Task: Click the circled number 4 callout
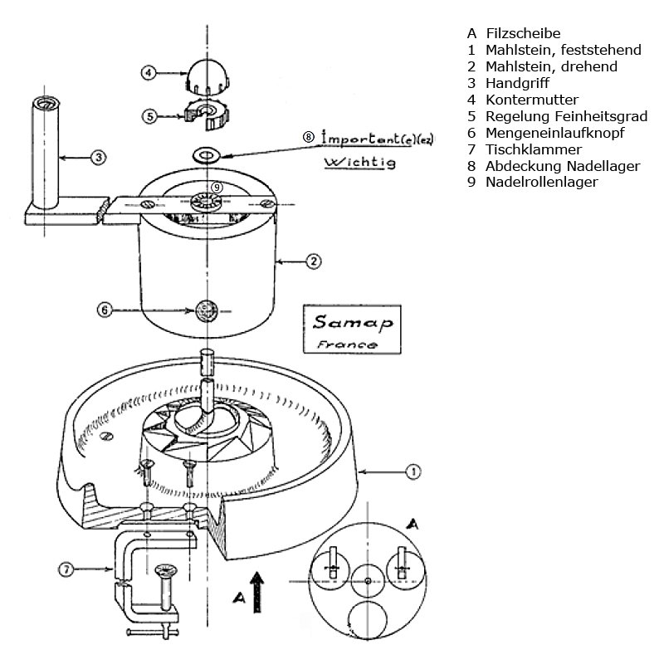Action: pos(149,73)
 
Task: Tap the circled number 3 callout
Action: pos(97,155)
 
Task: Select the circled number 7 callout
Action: pos(67,569)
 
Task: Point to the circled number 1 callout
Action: pos(413,471)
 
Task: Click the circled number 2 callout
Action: pos(313,261)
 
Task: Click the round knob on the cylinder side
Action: pos(204,310)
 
